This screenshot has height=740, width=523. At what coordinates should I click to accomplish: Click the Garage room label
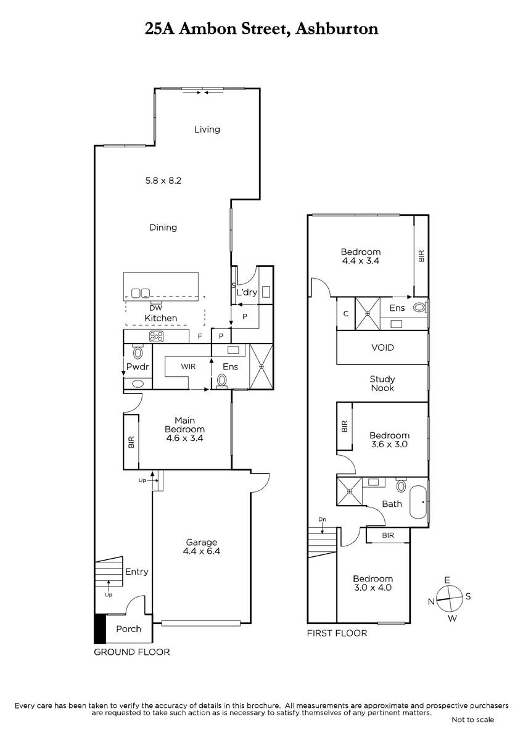pos(201,542)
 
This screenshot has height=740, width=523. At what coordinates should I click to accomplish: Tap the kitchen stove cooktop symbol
pos(156,336)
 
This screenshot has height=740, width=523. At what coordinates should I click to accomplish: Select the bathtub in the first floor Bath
pos(418,502)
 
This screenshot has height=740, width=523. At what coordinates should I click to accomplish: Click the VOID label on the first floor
pos(382,348)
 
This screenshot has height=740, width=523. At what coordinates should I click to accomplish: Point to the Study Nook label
pos(382,384)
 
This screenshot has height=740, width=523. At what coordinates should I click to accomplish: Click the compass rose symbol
pos(450,598)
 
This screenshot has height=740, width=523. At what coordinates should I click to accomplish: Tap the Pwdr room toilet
pos(138,352)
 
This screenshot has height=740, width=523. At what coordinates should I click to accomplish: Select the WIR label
pos(188,366)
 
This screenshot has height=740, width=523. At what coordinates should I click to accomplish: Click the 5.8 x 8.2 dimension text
pos(163,181)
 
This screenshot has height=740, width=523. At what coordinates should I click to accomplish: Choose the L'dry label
pos(247,292)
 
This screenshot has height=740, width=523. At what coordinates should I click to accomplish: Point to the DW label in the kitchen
pos(156,308)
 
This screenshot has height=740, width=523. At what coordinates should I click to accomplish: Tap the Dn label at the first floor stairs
pos(322,519)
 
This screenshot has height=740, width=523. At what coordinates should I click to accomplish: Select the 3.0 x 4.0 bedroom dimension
pos(373,597)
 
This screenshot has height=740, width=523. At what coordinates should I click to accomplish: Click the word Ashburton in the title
pos(337,29)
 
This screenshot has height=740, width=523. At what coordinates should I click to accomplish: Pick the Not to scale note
pos(473,720)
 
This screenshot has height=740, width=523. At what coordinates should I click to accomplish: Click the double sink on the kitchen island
pos(141,293)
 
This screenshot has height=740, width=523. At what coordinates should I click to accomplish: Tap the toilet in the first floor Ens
pos(419,308)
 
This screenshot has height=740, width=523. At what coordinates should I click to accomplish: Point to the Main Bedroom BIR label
pos(131,442)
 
